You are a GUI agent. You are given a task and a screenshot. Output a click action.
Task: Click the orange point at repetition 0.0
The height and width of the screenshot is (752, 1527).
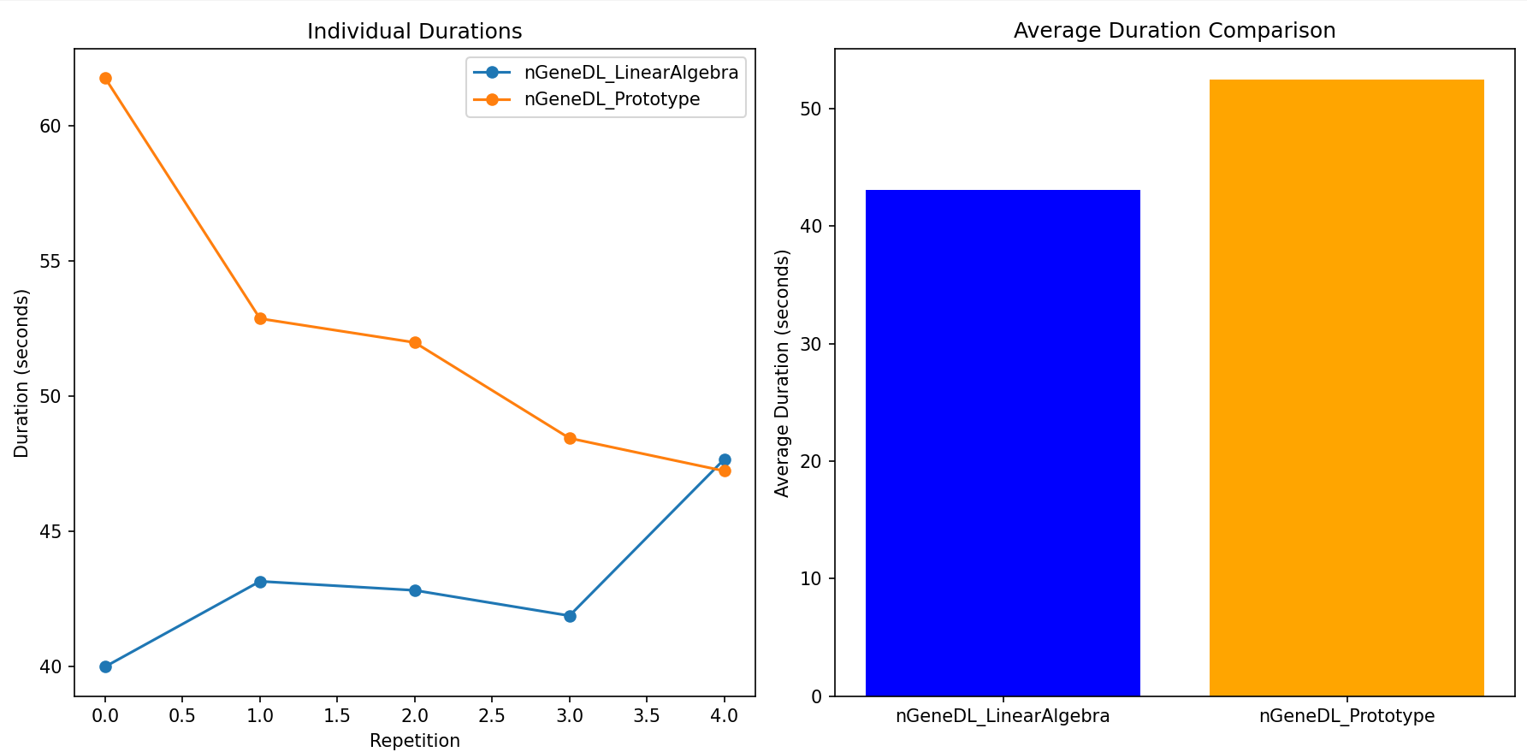coord(105,79)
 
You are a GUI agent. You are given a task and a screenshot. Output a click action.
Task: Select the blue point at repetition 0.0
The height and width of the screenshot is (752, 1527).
coord(105,666)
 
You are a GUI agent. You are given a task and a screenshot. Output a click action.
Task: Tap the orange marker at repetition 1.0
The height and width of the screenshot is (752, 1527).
coord(260,318)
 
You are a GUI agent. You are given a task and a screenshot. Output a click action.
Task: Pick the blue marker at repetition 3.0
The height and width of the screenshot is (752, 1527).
coord(570,616)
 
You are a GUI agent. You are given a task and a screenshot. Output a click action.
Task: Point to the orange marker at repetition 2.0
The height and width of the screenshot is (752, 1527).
coord(415,342)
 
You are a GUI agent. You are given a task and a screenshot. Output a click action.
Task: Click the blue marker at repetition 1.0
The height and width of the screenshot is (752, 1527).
coord(260,582)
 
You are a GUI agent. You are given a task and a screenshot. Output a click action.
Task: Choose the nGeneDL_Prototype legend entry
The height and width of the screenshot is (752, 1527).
coord(611,99)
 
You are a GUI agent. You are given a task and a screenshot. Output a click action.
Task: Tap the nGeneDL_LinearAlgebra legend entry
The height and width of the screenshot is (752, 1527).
coord(630,73)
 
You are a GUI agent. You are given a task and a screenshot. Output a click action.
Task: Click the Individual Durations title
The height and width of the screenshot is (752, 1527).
coord(414,32)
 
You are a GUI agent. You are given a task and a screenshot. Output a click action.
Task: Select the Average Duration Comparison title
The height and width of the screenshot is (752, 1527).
coord(1174,31)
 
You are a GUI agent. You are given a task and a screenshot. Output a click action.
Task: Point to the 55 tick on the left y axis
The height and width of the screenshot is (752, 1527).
coord(50,261)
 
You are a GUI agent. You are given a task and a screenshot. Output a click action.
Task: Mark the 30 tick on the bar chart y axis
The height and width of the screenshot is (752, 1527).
coord(810,344)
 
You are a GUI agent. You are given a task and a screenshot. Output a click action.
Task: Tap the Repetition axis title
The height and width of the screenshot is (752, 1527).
coord(414,741)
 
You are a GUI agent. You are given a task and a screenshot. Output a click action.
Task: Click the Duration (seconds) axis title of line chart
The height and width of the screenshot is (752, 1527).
coord(21,373)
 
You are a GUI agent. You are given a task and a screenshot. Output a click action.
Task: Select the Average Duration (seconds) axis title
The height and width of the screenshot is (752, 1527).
coord(782,373)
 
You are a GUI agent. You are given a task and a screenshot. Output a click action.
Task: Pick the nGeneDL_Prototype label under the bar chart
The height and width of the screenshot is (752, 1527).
coord(1346,716)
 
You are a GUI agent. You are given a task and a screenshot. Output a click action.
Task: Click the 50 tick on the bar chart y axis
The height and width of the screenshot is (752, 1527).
coord(810,110)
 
